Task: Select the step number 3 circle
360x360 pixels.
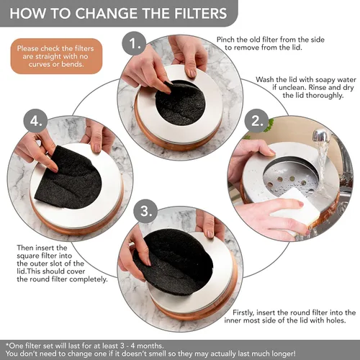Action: click(147, 212)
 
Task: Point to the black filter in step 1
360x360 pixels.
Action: click(180, 102)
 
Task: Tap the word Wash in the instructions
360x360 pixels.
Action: click(269, 79)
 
